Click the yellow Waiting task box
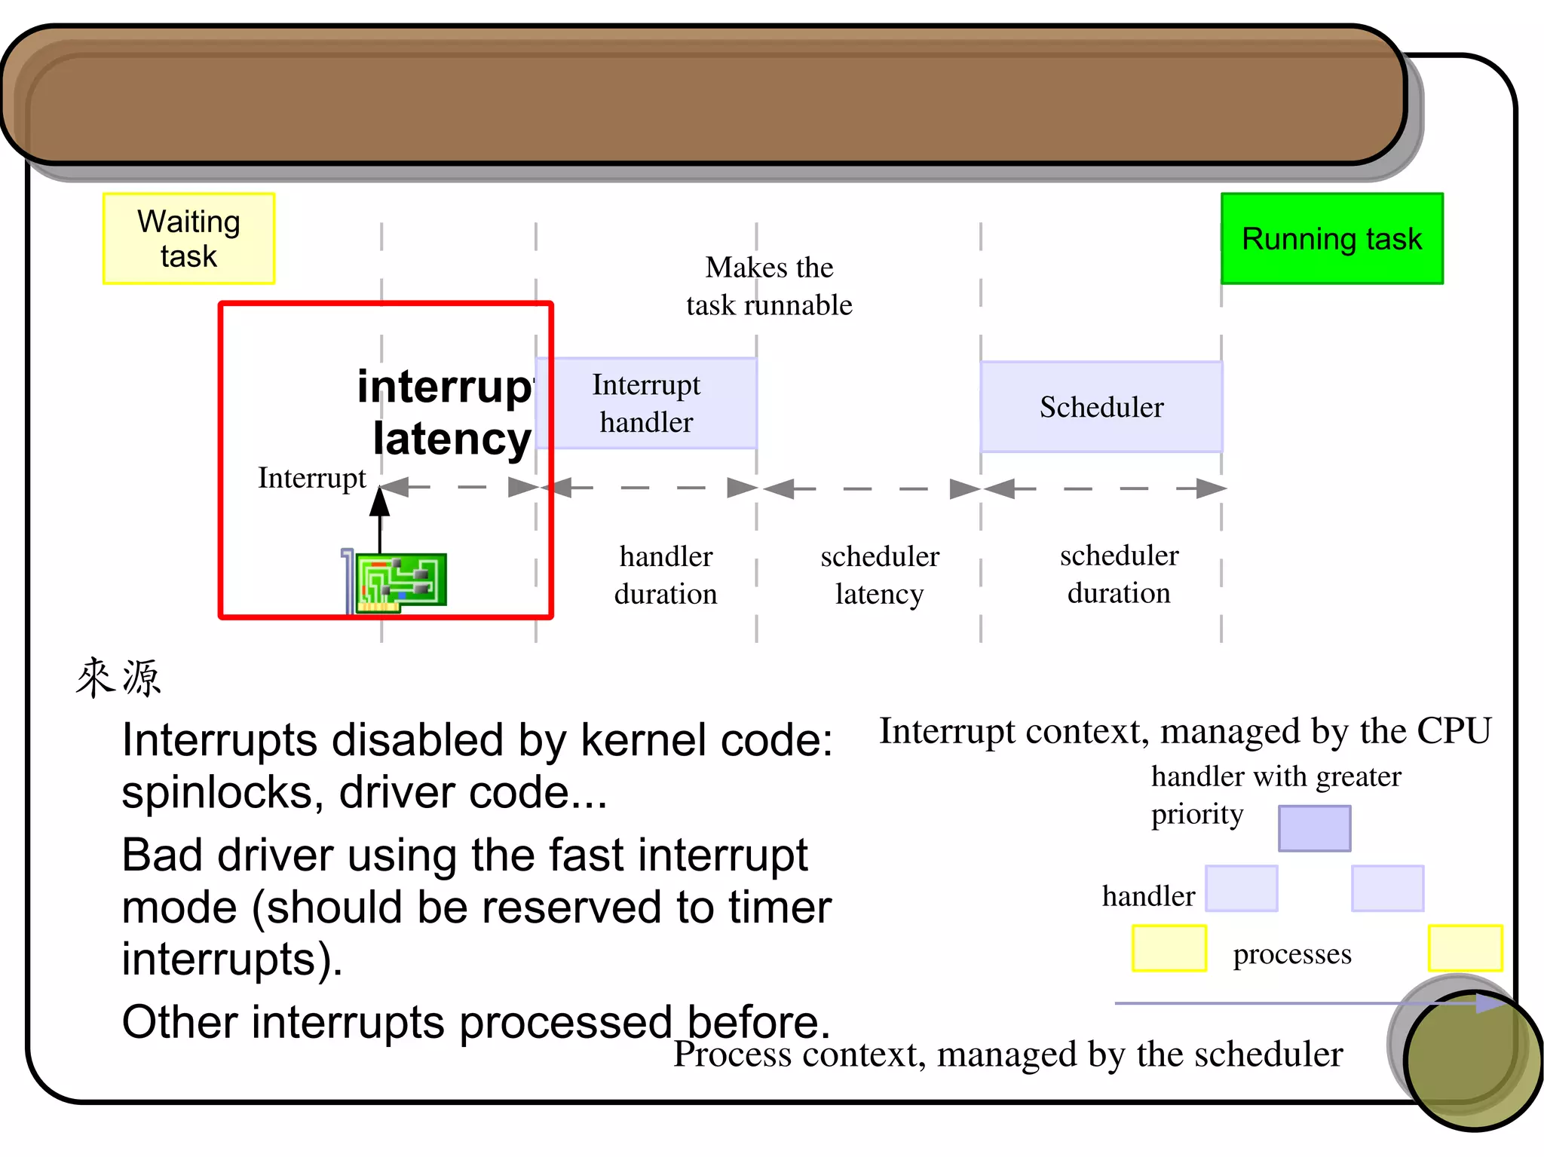(x=188, y=238)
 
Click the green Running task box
(x=1331, y=238)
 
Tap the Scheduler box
(x=1101, y=407)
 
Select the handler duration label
(x=665, y=575)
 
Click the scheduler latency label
(x=879, y=575)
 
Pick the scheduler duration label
(x=1119, y=574)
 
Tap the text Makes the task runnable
(x=769, y=286)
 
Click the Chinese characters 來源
(x=118, y=677)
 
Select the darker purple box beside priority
(x=1314, y=828)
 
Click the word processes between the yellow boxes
(x=1291, y=953)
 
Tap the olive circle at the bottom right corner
(x=1470, y=1059)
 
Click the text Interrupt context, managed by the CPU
(x=1184, y=731)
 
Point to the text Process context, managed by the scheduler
(x=1007, y=1054)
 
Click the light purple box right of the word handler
(x=1241, y=889)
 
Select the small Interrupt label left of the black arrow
(x=311, y=478)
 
